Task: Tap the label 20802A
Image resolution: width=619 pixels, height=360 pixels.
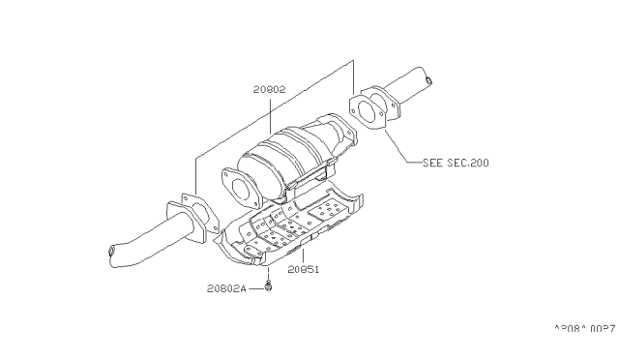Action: point(226,288)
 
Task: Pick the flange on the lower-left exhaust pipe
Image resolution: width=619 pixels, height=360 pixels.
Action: point(189,215)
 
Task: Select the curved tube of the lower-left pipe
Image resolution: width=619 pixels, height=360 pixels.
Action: point(150,238)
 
